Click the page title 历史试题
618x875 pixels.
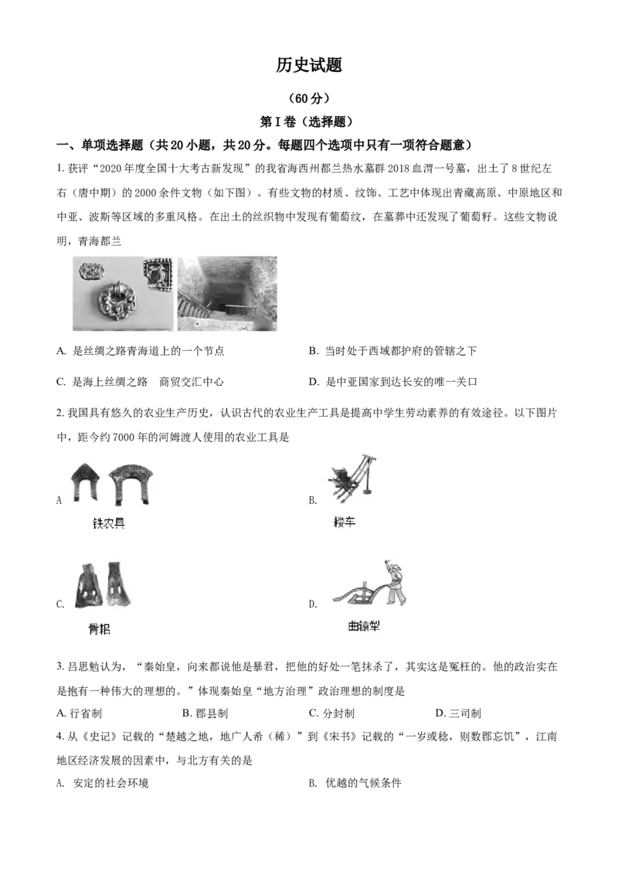pyautogui.click(x=308, y=65)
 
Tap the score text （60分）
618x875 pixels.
pyautogui.click(x=309, y=98)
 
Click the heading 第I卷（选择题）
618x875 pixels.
pyautogui.click(x=308, y=121)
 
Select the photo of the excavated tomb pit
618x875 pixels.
pyautogui.click(x=227, y=294)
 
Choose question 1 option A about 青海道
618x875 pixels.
pyautogui.click(x=141, y=351)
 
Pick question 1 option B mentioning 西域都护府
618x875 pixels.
pyautogui.click(x=392, y=351)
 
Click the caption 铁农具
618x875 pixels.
pyautogui.click(x=108, y=523)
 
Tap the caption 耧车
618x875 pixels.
pyautogui.click(x=344, y=523)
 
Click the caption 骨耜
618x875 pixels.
pyautogui.click(x=100, y=629)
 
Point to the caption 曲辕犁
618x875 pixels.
pyautogui.click(x=364, y=626)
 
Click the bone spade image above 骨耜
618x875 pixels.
pyautogui.click(x=104, y=586)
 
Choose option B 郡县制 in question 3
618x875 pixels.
pyautogui.click(x=205, y=713)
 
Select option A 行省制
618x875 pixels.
pyautogui.click(x=80, y=713)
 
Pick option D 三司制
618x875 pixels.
pyautogui.click(x=458, y=713)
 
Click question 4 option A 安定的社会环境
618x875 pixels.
pyautogui.click(x=103, y=784)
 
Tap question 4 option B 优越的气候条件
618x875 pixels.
pyautogui.click(x=355, y=784)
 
